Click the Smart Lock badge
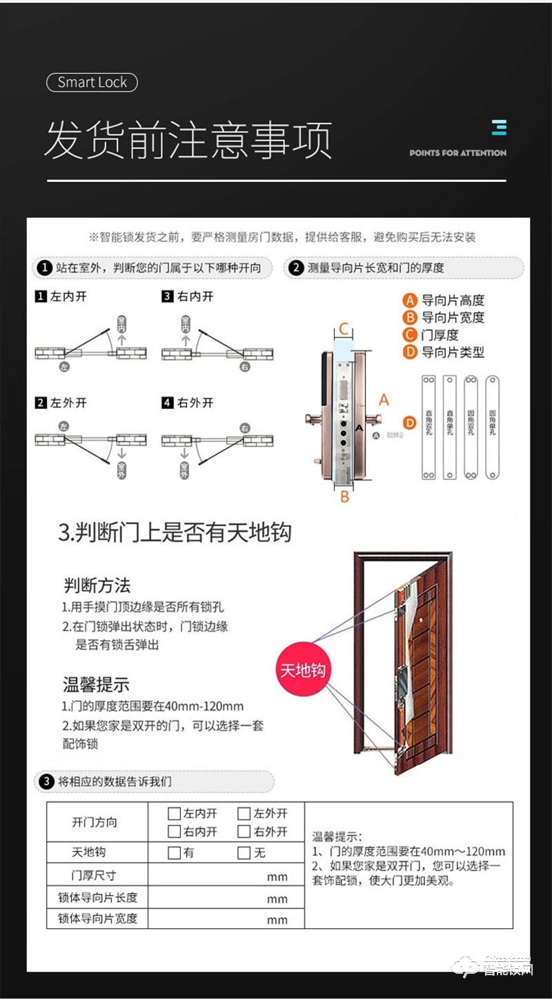point(92,83)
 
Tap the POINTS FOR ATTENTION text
point(457,153)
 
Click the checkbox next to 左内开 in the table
point(174,814)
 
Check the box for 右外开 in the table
point(243,832)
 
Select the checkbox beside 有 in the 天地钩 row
point(174,853)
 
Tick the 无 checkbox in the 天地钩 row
point(243,853)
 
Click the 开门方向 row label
point(95,822)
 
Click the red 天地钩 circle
point(302,670)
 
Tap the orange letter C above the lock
point(344,330)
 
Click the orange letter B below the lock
point(344,496)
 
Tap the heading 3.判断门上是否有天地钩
point(175,532)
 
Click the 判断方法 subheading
point(97,586)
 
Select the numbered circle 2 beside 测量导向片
point(297,268)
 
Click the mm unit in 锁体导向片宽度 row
point(277,919)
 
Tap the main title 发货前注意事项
point(188,140)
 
